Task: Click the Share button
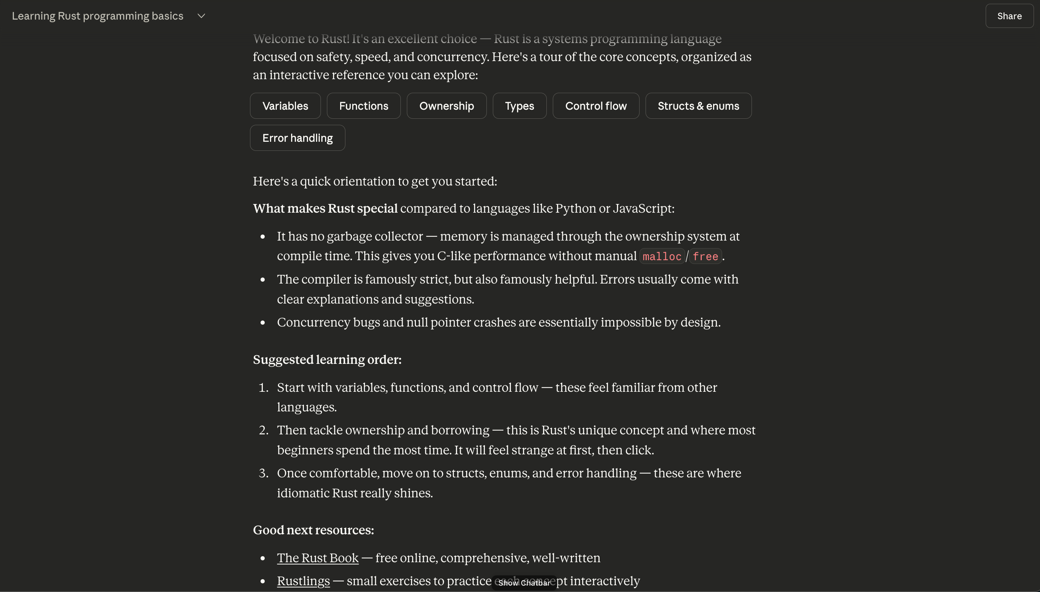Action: point(1009,16)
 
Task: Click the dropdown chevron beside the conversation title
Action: point(201,16)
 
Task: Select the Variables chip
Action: point(285,106)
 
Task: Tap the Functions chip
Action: point(364,106)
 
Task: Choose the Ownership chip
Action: point(446,106)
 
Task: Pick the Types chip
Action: point(519,106)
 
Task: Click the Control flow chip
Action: point(596,106)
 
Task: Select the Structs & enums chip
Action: point(698,106)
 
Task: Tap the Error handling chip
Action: point(297,138)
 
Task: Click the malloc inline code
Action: point(661,256)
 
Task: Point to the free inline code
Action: point(705,256)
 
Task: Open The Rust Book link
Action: point(318,558)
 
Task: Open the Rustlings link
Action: point(303,581)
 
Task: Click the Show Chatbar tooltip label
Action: point(524,583)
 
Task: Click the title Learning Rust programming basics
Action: point(98,16)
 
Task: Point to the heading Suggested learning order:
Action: point(327,359)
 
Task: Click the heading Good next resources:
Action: point(313,530)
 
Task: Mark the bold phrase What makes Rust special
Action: point(325,208)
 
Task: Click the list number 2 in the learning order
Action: point(264,430)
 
